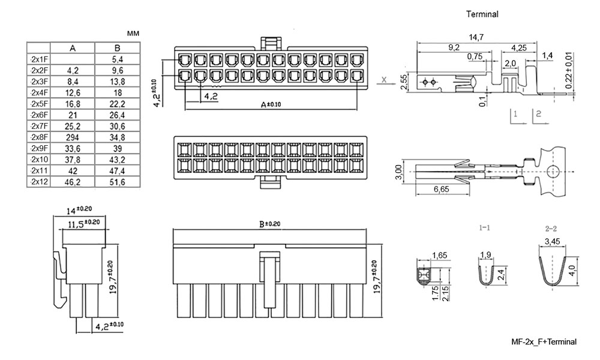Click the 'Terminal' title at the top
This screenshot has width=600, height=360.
pos(482,13)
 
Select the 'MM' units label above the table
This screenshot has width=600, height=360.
pos(133,34)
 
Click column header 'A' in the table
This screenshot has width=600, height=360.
pos(73,48)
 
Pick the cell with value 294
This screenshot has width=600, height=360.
pos(73,137)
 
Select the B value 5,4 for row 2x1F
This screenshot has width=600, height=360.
pos(117,59)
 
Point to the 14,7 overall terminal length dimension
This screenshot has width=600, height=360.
pos(477,38)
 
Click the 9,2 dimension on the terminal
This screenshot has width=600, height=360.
pos(454,47)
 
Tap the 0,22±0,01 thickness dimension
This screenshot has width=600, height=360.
pos(569,71)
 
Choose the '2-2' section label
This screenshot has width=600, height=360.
pos(551,229)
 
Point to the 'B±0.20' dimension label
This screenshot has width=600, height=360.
pos(269,224)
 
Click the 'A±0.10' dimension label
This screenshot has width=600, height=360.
pos(271,104)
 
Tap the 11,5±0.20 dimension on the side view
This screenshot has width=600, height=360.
pos(83,224)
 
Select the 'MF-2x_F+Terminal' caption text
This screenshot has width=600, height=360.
pos(543,341)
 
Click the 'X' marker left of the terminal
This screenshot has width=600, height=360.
pos(384,79)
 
